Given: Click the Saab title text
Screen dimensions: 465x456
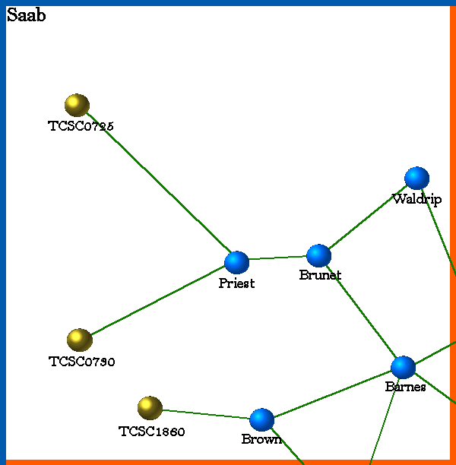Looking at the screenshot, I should (26, 15).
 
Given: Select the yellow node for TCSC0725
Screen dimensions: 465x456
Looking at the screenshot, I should (77, 105).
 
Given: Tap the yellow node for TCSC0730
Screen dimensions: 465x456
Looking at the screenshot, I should (79, 340).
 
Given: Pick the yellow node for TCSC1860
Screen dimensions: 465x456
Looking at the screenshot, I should (150, 408).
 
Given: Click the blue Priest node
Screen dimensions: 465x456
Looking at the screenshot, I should (236, 262).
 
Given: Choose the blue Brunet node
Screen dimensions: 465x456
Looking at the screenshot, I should (318, 256).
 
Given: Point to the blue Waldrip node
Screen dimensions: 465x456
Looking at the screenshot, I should (416, 178).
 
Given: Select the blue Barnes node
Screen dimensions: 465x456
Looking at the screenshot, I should (403, 367).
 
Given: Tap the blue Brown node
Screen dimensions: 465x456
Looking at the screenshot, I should (261, 419).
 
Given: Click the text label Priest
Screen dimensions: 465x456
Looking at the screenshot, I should (236, 283).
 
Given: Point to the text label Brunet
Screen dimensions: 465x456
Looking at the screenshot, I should (320, 275).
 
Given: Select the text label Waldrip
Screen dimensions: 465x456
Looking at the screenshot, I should (416, 199).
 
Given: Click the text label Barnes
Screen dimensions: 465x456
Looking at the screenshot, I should (405, 387).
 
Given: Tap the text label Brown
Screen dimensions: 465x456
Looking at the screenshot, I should (261, 439).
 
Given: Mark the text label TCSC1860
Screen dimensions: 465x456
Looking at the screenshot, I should (152, 432).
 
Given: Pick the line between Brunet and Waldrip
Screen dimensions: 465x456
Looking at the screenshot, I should (367, 217).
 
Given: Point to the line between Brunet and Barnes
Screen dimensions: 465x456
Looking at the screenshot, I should (360, 312).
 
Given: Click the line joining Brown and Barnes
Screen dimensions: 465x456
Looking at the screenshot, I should (332, 394).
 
